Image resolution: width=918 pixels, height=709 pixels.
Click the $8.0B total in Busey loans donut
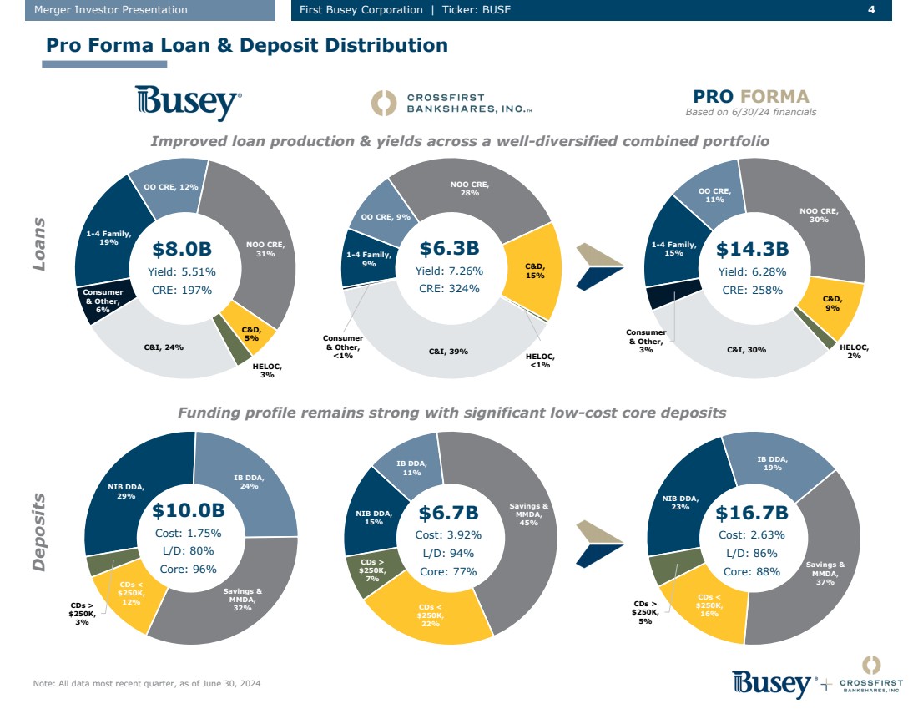point(182,248)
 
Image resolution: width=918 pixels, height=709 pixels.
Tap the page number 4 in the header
point(871,10)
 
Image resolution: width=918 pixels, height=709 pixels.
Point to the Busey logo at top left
point(189,102)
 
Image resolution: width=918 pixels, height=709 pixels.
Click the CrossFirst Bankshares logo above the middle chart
point(451,103)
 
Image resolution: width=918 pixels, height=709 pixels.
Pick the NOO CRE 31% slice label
point(265,249)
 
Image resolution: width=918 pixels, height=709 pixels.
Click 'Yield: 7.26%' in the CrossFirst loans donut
point(449,271)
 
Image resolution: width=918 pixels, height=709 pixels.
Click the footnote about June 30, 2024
point(147,684)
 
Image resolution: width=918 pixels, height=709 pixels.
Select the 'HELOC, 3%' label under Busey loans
point(266,371)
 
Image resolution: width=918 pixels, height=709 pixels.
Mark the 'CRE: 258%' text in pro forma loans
point(752,290)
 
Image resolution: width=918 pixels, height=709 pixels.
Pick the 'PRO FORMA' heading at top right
point(750,96)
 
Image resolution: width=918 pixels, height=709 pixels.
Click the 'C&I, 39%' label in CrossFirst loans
point(448,352)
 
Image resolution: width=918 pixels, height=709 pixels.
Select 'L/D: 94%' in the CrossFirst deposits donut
point(448,553)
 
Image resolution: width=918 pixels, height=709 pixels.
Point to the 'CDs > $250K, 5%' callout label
point(646,612)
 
